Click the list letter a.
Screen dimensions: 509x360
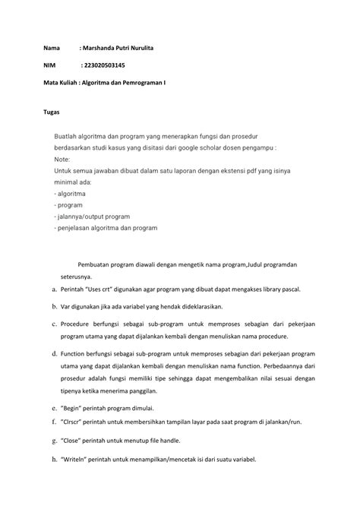[45, 289]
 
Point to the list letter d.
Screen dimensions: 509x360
[45, 354]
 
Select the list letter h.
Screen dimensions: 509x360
[45, 459]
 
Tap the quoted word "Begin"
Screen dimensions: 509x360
[74, 407]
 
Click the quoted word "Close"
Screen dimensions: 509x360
[74, 440]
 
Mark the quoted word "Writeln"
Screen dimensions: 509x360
[77, 459]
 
